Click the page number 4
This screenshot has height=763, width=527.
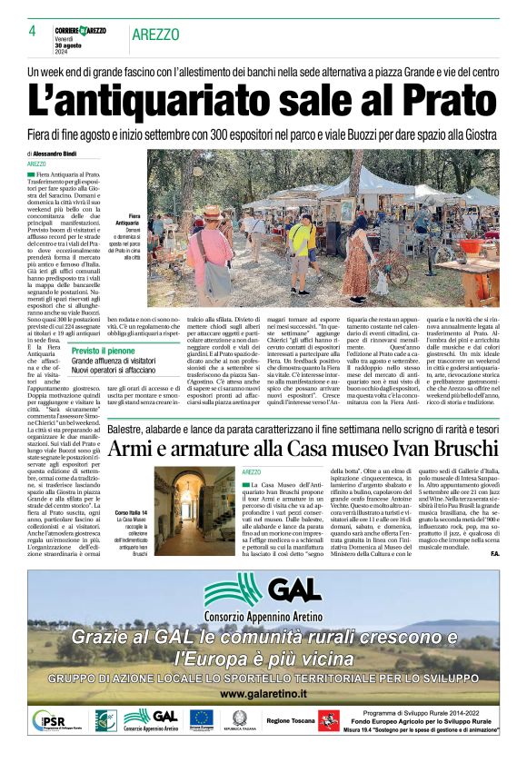pos(32,31)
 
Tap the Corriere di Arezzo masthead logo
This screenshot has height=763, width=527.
pos(79,31)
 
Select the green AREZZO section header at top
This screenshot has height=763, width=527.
pos(155,35)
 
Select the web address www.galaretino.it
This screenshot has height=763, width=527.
pos(263,693)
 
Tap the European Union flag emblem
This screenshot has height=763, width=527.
pos(201,719)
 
